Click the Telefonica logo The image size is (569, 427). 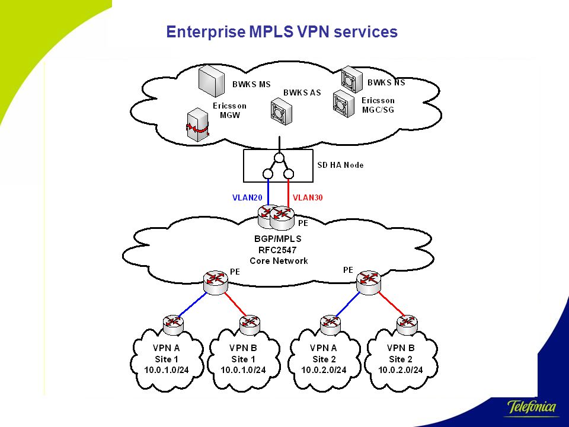point(532,407)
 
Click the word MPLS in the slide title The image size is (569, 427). point(271,31)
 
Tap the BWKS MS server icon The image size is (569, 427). point(211,82)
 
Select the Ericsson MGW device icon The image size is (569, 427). point(198,125)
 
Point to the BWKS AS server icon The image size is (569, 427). point(281,113)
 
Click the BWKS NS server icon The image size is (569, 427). point(351,79)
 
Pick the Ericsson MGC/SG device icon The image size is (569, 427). point(344,104)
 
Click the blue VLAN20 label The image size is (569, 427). point(247,197)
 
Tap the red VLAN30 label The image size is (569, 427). point(308,197)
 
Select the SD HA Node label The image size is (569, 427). point(340,165)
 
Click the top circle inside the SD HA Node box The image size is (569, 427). point(279,158)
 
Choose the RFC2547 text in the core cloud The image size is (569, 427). point(277,250)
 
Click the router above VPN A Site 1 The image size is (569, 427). point(173,324)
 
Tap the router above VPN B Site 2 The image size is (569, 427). point(407,324)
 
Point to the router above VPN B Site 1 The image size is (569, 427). point(250,324)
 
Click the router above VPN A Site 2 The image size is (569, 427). point(330,324)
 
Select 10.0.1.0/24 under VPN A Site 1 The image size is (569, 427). point(167,370)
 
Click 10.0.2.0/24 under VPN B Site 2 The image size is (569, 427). point(401,370)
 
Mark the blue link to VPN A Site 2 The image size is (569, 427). point(348,304)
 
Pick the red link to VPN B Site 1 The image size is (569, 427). point(235,304)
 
